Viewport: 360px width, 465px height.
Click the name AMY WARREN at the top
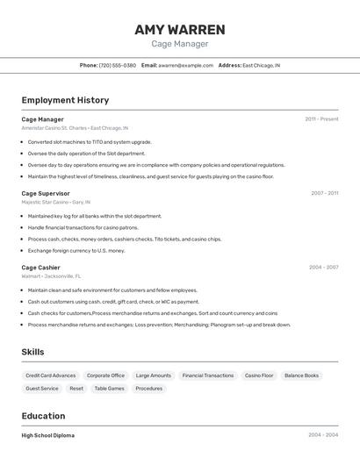[x=180, y=30]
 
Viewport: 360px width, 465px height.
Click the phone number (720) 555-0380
[x=118, y=65]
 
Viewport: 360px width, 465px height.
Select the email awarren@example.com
[x=186, y=65]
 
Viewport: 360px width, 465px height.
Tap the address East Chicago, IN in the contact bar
[x=262, y=65]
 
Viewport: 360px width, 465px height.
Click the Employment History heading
[x=65, y=100]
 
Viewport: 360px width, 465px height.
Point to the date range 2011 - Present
[x=321, y=119]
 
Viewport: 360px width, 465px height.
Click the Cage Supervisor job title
[x=46, y=193]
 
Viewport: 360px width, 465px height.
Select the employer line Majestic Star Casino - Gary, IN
[x=57, y=202]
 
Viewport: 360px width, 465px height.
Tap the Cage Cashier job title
[x=40, y=267]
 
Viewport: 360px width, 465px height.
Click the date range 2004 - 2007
[x=323, y=267]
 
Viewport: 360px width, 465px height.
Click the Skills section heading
[x=33, y=352]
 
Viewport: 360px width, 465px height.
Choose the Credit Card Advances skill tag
[x=51, y=376]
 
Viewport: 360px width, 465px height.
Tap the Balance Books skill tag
[x=301, y=376]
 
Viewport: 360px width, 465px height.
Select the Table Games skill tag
[x=109, y=388]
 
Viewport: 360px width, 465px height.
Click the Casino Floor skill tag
[x=259, y=376]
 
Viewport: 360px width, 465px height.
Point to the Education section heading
[x=43, y=416]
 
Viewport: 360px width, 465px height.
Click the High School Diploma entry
[x=47, y=435]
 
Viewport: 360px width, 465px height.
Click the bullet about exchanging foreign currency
[x=76, y=250]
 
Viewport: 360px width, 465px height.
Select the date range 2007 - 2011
[x=324, y=193]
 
